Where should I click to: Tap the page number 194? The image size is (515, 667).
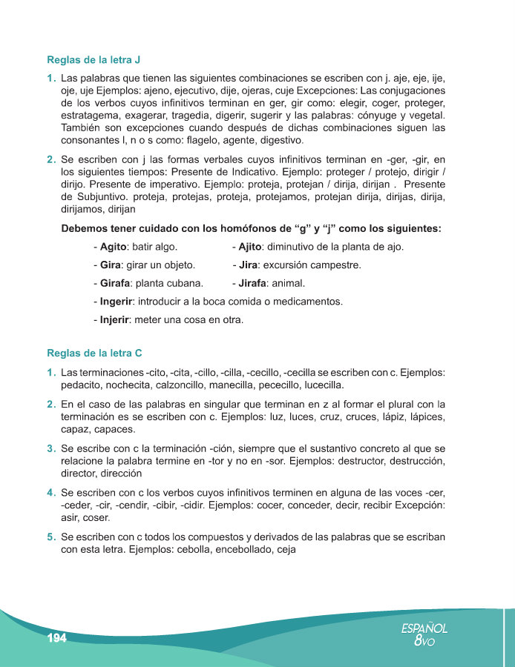coord(57,639)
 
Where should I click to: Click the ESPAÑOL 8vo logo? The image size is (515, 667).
coord(424,634)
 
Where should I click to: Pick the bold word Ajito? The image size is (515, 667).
coord(252,246)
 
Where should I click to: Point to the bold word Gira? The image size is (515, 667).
coord(110,265)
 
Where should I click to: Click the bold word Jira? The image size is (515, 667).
coord(249,265)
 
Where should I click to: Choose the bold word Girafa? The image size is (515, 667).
coord(115,283)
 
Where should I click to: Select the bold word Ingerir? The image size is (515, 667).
coord(117,302)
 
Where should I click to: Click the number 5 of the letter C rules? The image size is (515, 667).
coord(50,537)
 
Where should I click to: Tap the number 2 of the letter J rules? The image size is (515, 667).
coord(50,159)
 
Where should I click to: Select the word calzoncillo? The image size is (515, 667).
coord(202,385)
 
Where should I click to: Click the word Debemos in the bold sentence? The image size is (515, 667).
coord(85,228)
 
